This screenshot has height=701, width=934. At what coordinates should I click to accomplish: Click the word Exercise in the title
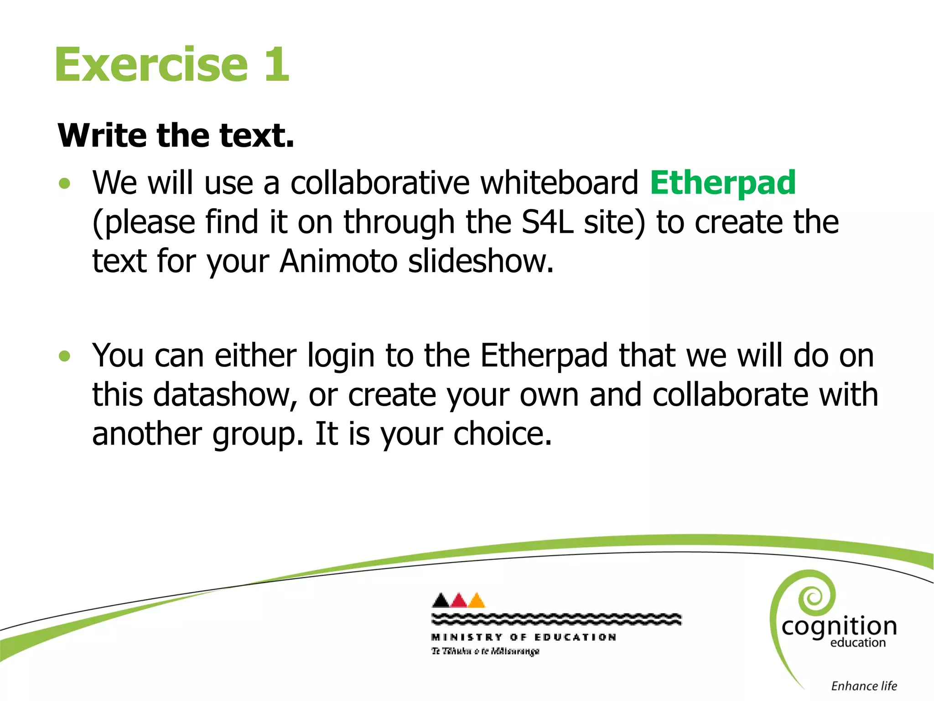151,65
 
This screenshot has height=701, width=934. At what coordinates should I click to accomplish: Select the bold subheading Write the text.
176,136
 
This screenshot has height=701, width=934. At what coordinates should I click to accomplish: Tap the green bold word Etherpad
723,183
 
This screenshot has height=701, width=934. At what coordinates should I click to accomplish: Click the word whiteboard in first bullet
559,183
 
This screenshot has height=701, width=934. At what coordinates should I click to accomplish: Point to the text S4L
547,222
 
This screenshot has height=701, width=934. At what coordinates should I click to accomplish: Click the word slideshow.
481,262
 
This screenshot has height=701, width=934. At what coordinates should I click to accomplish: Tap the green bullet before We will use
65,183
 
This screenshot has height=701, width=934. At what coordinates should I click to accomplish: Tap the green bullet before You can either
65,356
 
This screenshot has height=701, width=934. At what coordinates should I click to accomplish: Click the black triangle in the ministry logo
441,601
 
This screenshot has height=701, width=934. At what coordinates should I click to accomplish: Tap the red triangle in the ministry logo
459,601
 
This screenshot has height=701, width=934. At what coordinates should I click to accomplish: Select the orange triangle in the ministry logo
477,601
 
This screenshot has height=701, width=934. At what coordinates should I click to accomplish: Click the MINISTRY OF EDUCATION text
524,637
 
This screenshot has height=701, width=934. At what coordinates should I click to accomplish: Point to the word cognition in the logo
839,626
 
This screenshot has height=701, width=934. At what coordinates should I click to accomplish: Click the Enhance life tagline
864,686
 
